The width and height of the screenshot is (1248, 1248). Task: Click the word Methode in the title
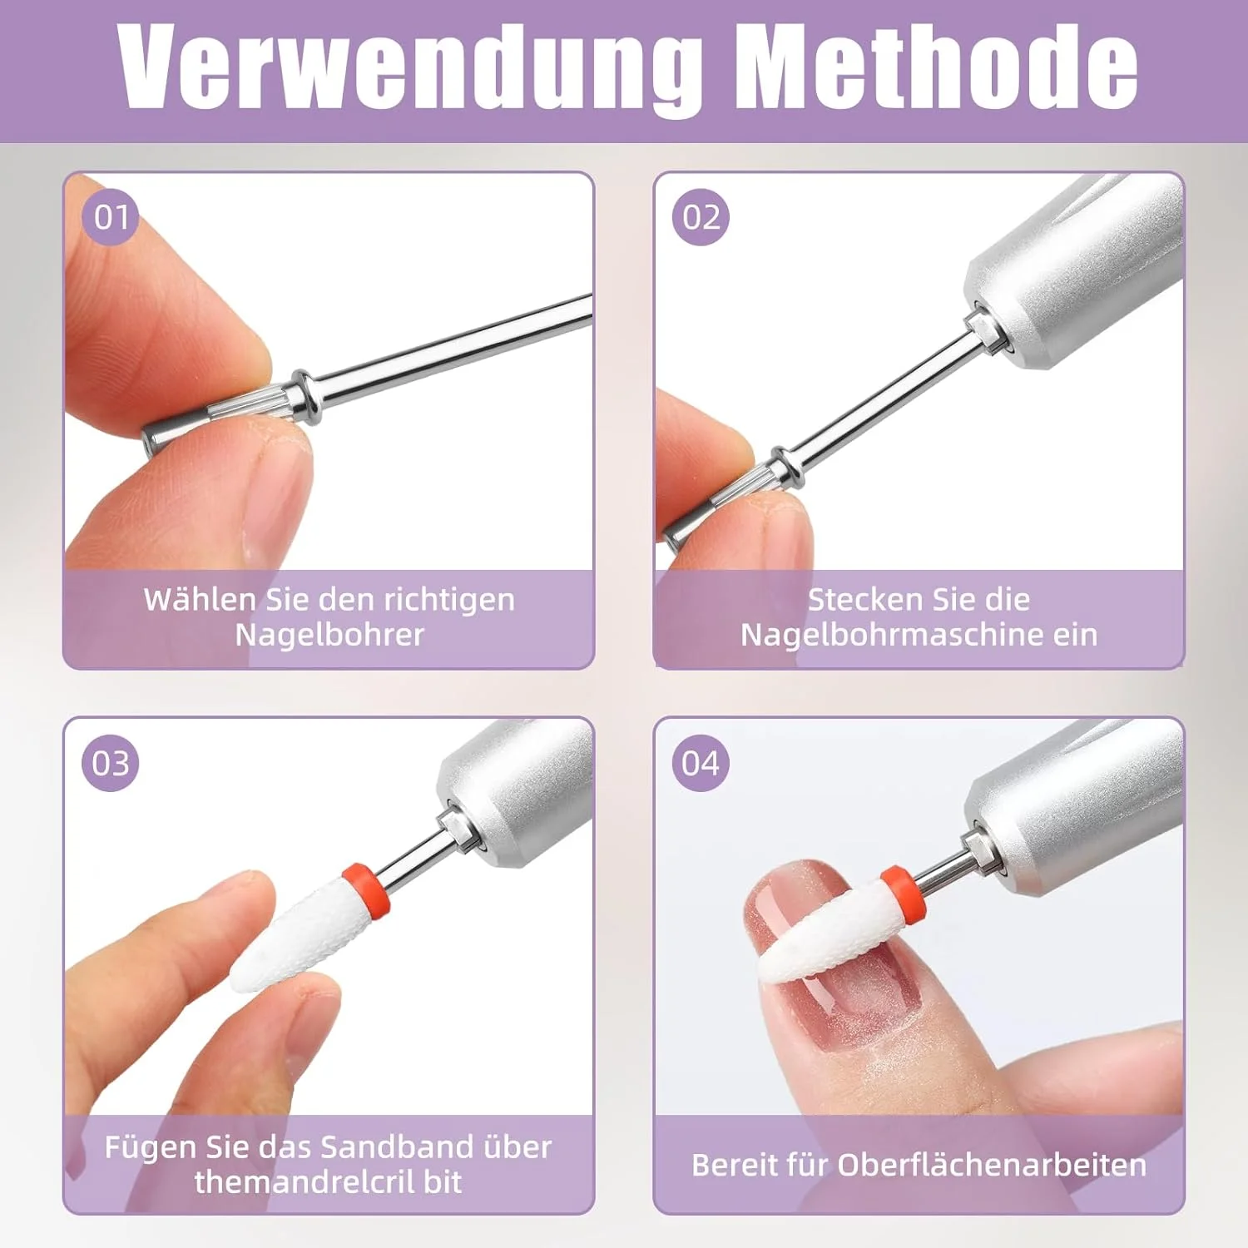pyautogui.click(x=938, y=64)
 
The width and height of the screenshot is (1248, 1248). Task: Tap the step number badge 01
pyautogui.click(x=111, y=217)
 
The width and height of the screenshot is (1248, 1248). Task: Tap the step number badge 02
pyautogui.click(x=701, y=217)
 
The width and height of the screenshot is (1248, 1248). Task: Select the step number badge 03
pyautogui.click(x=111, y=763)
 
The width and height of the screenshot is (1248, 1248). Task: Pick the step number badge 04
pyautogui.click(x=701, y=763)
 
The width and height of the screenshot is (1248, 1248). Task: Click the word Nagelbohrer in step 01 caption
pyautogui.click(x=329, y=636)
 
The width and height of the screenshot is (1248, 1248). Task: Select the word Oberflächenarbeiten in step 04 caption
pyautogui.click(x=992, y=1165)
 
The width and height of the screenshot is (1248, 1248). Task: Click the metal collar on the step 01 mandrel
pyautogui.click(x=306, y=397)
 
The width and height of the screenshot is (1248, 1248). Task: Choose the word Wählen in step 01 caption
pyautogui.click(x=200, y=599)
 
